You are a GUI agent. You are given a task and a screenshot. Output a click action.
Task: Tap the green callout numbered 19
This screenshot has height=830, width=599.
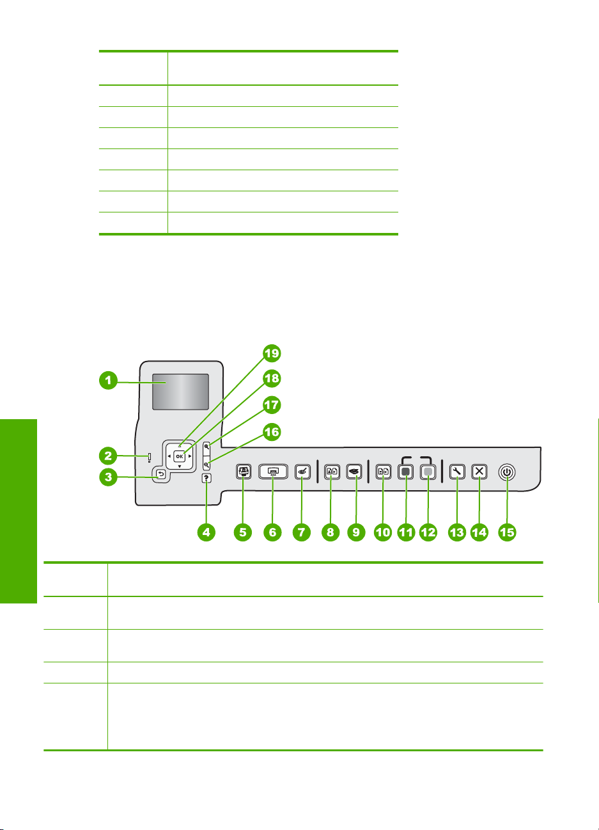click(273, 353)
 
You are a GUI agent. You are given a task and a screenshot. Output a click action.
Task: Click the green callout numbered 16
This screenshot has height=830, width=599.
click(272, 433)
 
